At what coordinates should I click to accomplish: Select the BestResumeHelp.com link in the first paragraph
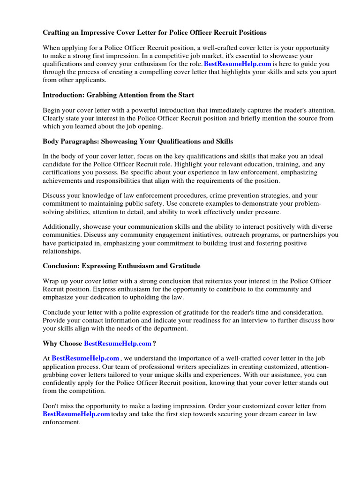pos(237,64)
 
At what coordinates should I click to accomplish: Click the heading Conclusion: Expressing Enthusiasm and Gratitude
pos(121,266)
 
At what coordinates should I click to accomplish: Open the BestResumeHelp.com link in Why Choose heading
pos(118,344)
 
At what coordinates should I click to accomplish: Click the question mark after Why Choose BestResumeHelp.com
pos(154,344)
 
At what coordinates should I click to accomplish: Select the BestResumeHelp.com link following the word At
pos(85,359)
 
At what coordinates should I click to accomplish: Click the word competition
pos(82,390)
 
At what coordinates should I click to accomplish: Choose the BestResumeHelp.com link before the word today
pos(76,414)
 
